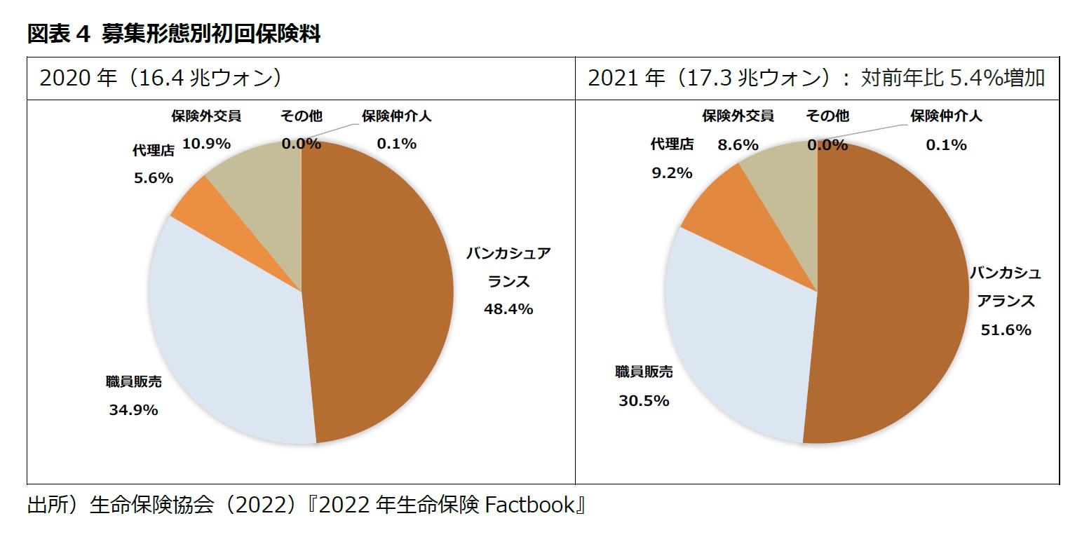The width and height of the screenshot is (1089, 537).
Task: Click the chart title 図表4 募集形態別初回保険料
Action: pos(174,33)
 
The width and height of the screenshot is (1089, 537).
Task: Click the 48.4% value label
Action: pos(508,308)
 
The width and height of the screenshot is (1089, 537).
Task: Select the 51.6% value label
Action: pos(1006,329)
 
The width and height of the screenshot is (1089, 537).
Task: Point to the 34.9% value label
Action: pos(133,410)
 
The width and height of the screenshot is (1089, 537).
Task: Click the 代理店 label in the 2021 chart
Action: pos(672,144)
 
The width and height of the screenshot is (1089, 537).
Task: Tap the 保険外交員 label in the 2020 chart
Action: pos(206,116)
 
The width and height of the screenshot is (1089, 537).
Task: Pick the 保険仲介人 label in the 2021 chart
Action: pos(946,116)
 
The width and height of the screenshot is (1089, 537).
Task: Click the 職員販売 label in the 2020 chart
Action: pos(133,382)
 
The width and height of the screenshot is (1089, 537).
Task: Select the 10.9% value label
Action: pos(206,144)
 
